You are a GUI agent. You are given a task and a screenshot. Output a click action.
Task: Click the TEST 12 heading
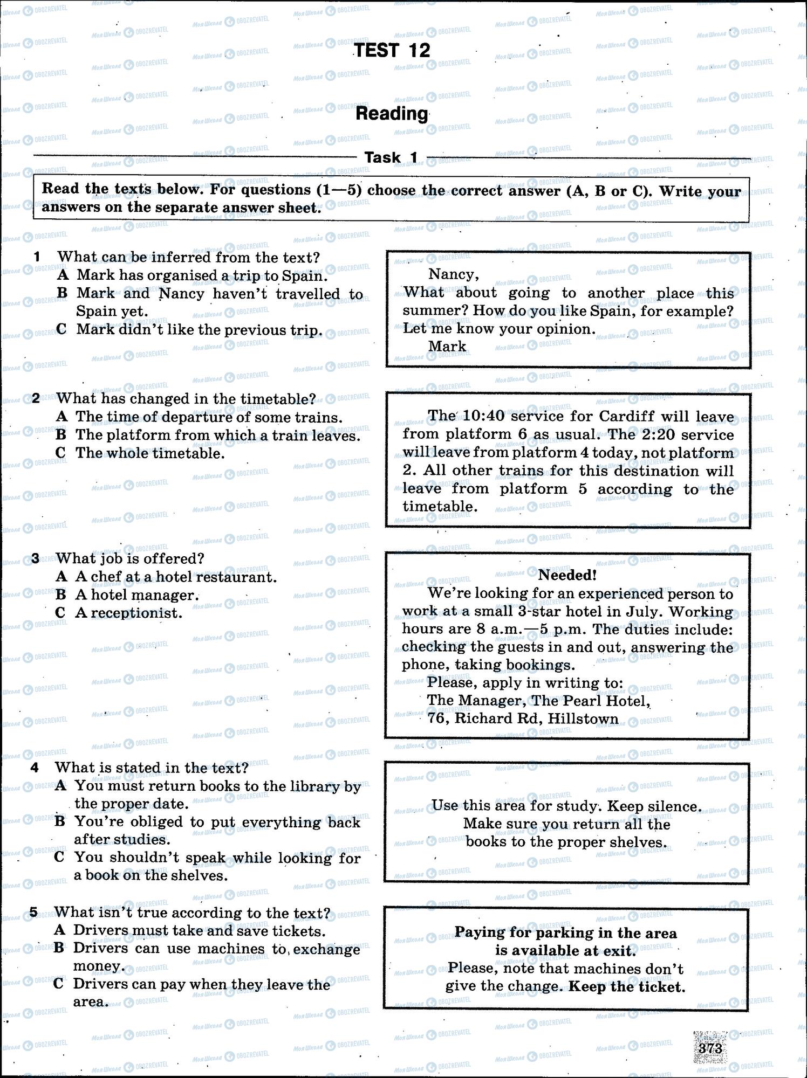[x=392, y=51]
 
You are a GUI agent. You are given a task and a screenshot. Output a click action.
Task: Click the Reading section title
[x=392, y=114]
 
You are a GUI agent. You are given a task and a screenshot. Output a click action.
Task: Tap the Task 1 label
[x=392, y=157]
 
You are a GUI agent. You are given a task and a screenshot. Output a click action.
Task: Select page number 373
[x=710, y=1048]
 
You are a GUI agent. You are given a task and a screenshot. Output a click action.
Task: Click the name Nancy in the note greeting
[x=453, y=274]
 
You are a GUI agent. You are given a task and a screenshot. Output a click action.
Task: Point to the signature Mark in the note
[x=447, y=347]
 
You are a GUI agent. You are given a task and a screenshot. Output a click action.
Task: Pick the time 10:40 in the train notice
[x=483, y=417]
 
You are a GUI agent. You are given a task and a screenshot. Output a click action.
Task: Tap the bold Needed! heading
[x=567, y=575]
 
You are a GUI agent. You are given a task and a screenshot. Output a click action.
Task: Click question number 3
[x=36, y=559]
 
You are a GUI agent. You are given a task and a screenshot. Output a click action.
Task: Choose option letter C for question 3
[x=61, y=613]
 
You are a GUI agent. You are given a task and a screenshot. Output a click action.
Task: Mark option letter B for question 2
[x=61, y=435]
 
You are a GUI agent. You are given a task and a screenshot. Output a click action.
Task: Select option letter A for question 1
[x=63, y=275]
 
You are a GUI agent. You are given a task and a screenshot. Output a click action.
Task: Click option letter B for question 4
[x=60, y=821]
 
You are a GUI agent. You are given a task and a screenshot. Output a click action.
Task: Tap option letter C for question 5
[x=59, y=984]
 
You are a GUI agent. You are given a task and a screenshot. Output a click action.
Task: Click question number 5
[x=34, y=913]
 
